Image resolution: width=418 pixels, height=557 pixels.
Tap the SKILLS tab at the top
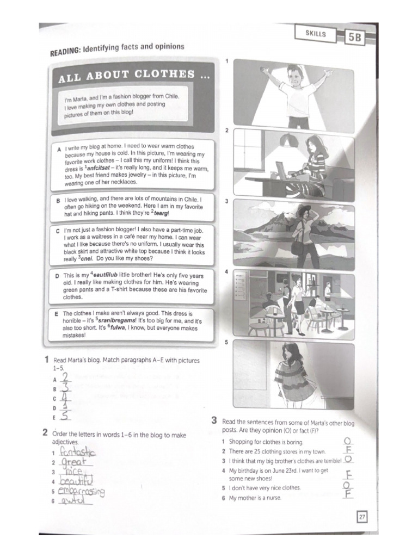tap(316, 34)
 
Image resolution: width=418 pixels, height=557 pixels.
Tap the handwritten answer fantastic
tap(77, 452)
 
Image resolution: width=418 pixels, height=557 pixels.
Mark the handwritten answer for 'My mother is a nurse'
tap(348, 494)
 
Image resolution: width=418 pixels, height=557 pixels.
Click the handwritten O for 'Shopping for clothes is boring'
tap(348, 441)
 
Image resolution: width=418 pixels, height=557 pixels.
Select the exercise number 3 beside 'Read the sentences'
tap(214, 420)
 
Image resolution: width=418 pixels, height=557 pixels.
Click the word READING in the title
tap(65, 52)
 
